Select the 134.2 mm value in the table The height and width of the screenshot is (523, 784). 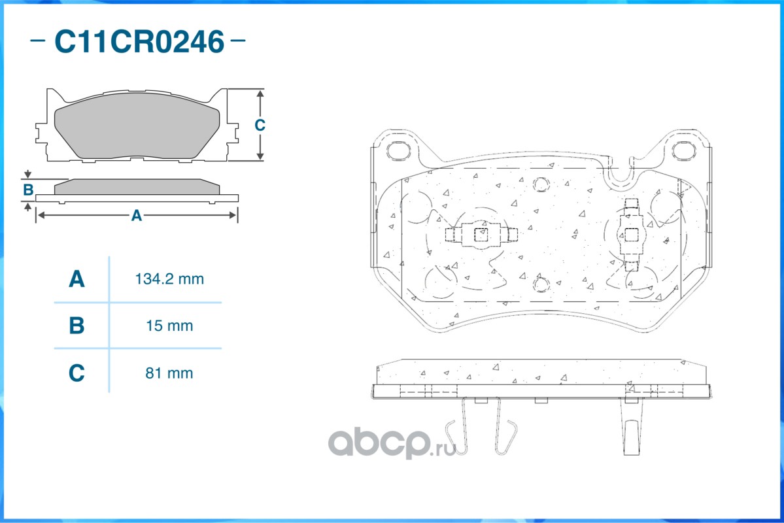pos(169,279)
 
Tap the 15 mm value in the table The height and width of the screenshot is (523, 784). pos(169,326)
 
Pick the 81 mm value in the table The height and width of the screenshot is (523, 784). pos(169,373)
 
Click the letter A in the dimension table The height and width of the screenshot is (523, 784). pos(77,279)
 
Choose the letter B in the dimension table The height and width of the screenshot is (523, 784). pos(77,326)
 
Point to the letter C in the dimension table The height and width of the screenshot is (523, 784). pos(77,373)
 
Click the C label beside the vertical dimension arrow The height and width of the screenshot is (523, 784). pos(260,125)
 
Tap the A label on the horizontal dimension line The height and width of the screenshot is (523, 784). pos(136,215)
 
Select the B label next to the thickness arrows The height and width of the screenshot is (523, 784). pos(28,190)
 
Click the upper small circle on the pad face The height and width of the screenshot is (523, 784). pos(540,184)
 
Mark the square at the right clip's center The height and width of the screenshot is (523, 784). pos(631,234)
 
